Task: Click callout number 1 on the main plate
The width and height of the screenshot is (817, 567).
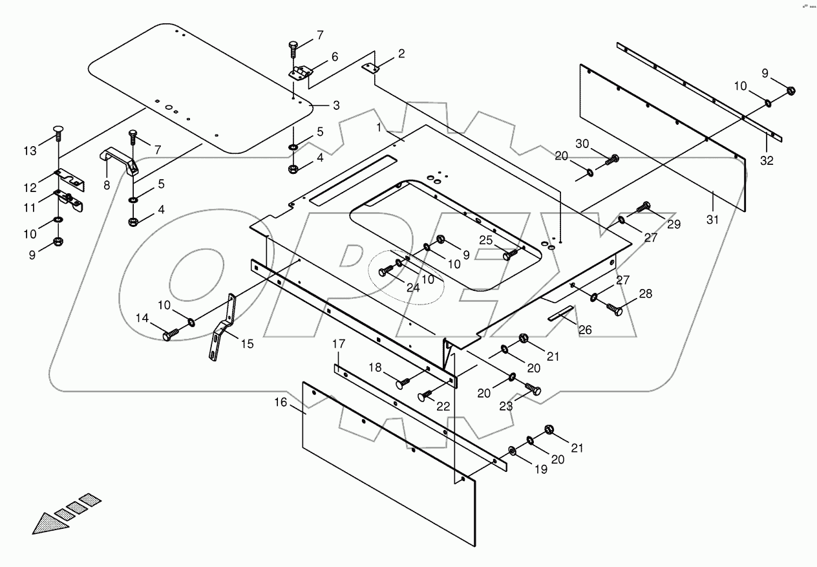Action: [x=379, y=128]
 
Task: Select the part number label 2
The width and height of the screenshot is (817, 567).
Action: [x=401, y=54]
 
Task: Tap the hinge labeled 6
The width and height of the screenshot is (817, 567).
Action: [x=300, y=73]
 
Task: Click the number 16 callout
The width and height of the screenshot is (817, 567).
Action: [x=279, y=401]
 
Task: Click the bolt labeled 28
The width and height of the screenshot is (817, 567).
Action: [x=615, y=310]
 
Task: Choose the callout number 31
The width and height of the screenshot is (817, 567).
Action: [x=712, y=220]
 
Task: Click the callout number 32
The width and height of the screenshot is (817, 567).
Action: [x=767, y=161]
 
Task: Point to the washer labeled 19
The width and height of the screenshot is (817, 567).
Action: [x=512, y=450]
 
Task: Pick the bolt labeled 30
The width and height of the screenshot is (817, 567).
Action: [x=612, y=158]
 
